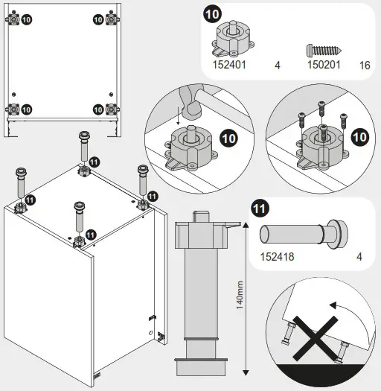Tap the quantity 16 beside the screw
click(365, 66)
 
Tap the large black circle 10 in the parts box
click(212, 14)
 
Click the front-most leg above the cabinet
click(77, 220)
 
